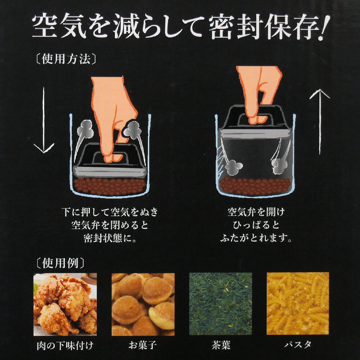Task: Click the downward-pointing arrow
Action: [x=44, y=120]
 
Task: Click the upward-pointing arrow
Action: [x=320, y=121]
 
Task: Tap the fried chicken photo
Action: [x=65, y=304]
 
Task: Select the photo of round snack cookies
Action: [x=143, y=304]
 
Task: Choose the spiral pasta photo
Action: [x=298, y=303]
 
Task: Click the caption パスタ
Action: [x=298, y=345]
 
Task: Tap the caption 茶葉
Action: [x=221, y=345]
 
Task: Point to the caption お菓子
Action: [x=143, y=345]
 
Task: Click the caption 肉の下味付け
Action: [x=65, y=346]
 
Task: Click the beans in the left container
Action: [x=110, y=186]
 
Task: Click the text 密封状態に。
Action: [x=110, y=239]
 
